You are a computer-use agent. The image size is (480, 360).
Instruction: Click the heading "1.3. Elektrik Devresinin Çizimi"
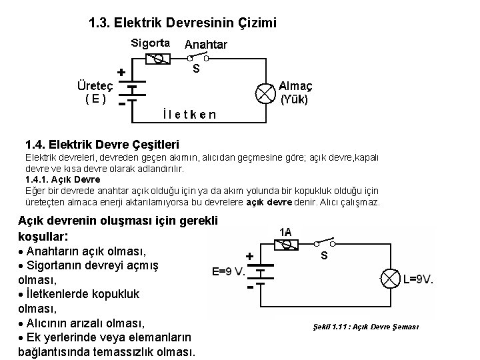coord(182,24)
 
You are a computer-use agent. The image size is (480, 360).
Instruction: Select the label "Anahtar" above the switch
coord(205,45)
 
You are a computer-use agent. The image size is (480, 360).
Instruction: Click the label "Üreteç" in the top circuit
coord(93,86)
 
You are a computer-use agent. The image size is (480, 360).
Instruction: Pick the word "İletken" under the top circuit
coord(189,114)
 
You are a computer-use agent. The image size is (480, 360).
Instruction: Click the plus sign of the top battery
coord(121,71)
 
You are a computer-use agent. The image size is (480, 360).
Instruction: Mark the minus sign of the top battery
coord(121,105)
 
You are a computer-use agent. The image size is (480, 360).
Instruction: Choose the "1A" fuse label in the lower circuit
coord(285,231)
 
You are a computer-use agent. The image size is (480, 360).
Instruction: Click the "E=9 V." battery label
coord(228,272)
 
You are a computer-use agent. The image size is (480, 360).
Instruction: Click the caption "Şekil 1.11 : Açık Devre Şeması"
coord(365,326)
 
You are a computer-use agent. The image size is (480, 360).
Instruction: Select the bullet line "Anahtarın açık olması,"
coord(87,252)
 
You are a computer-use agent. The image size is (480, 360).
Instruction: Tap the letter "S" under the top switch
coord(196,69)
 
